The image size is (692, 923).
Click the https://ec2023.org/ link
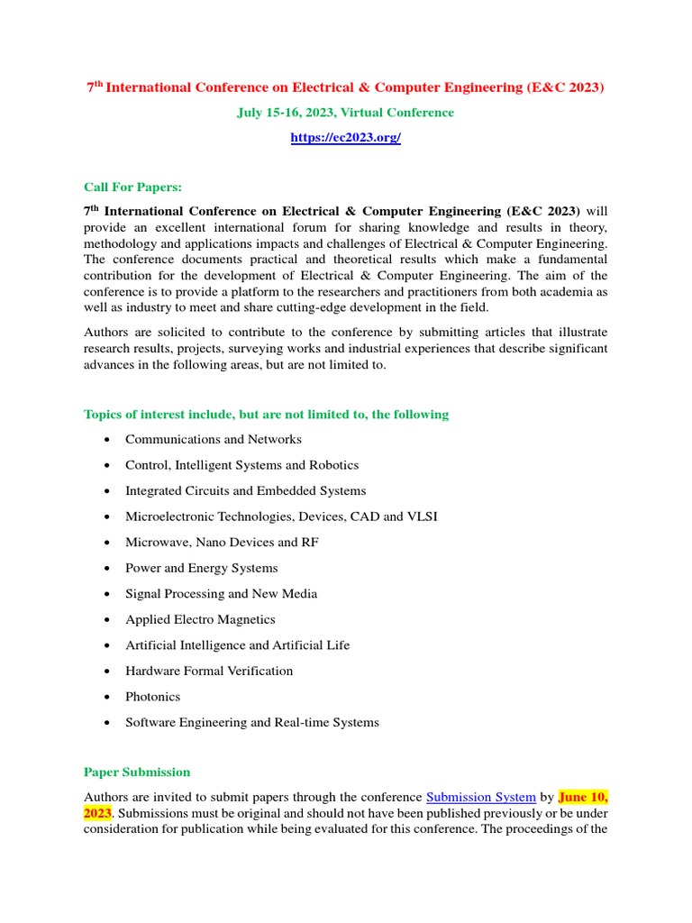345,138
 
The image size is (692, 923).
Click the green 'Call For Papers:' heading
132,187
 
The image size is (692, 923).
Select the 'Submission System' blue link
480,797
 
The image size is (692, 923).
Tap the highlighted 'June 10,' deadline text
583,797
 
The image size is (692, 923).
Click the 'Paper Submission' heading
137,772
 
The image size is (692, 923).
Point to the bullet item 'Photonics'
152,697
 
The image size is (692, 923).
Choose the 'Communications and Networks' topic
213,440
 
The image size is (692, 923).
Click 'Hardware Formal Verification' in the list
209,671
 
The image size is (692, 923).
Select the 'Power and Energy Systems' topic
201,568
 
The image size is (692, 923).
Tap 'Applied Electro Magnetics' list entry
200,619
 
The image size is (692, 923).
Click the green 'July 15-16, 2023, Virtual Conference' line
345,113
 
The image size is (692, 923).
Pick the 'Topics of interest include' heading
266,415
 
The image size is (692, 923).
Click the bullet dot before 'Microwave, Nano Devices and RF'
107,543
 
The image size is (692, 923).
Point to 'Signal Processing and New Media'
221,594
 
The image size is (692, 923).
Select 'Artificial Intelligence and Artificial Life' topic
237,645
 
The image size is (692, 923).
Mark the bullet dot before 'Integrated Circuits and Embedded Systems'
107,491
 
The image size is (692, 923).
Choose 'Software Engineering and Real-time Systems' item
251,722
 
